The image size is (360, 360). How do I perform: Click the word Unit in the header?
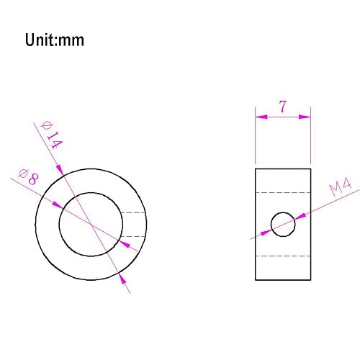point(42,40)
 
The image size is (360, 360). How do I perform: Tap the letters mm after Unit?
point(72,40)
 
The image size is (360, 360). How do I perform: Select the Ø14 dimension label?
point(53,135)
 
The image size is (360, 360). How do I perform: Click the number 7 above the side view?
point(283,107)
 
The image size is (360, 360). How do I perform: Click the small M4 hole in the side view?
point(283,224)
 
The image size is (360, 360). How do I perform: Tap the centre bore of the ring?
point(91,224)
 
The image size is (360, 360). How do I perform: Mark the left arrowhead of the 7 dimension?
point(260,115)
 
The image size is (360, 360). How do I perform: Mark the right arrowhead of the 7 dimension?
point(306,115)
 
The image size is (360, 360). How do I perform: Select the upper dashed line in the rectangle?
point(283,193)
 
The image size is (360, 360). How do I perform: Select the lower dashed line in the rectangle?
point(283,256)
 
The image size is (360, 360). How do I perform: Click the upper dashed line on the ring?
point(134,212)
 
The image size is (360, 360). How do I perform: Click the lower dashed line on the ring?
point(134,236)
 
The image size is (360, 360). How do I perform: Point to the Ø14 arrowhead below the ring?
point(123,278)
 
